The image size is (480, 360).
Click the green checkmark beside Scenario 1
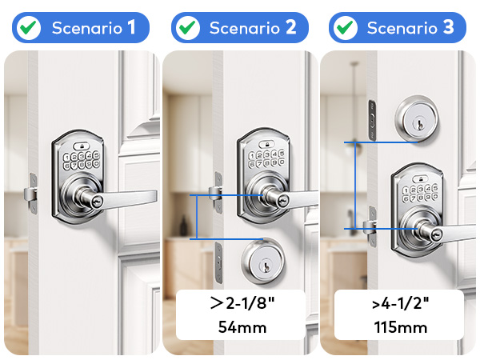[29, 27]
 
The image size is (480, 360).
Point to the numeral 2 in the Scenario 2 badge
[290, 28]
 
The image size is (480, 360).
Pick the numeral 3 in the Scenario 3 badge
[447, 28]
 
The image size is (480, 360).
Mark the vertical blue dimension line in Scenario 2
[196, 216]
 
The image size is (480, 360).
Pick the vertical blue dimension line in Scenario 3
[354, 186]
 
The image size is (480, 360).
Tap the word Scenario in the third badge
[398, 28]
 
